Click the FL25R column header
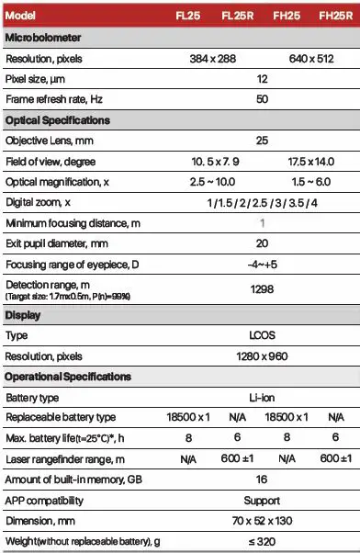click(238, 17)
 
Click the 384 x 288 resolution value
click(214, 59)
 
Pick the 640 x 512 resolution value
click(309, 59)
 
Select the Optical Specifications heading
click(57, 121)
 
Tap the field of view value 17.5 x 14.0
click(309, 162)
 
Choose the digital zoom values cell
click(263, 202)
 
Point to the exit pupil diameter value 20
click(263, 243)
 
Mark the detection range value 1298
click(263, 288)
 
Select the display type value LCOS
click(263, 335)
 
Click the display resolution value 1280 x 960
click(263, 356)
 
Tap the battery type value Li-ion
click(263, 397)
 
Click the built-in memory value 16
click(263, 480)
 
